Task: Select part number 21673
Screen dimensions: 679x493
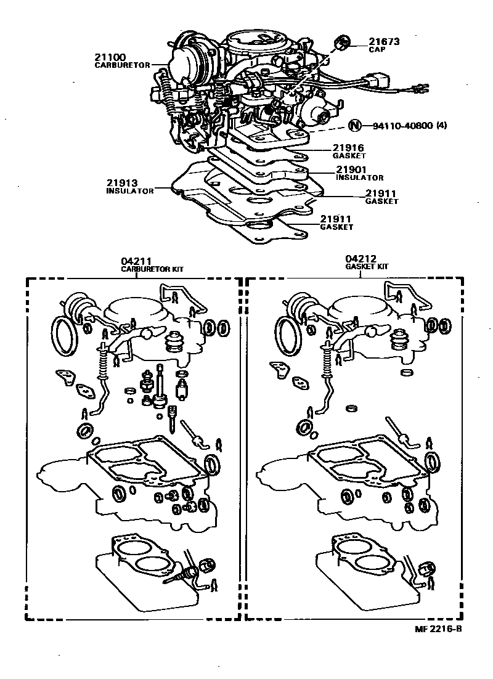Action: pyautogui.click(x=384, y=42)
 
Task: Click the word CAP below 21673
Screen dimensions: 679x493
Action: pyautogui.click(x=377, y=50)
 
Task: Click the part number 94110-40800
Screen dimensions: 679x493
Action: pyautogui.click(x=401, y=126)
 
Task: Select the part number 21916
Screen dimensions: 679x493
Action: pyautogui.click(x=348, y=148)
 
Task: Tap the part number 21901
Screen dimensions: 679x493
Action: pyautogui.click(x=351, y=169)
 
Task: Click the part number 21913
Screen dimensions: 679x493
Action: pyautogui.click(x=123, y=183)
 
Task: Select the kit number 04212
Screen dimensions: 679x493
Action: pyautogui.click(x=361, y=259)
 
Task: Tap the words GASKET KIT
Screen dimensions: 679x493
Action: pyautogui.click(x=367, y=267)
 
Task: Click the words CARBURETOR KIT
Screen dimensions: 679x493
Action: pyautogui.click(x=152, y=269)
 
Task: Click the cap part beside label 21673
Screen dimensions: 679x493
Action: pyautogui.click(x=341, y=43)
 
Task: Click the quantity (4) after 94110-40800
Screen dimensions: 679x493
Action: pyautogui.click(x=441, y=126)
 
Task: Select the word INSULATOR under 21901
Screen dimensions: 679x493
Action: pyautogui.click(x=360, y=177)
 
